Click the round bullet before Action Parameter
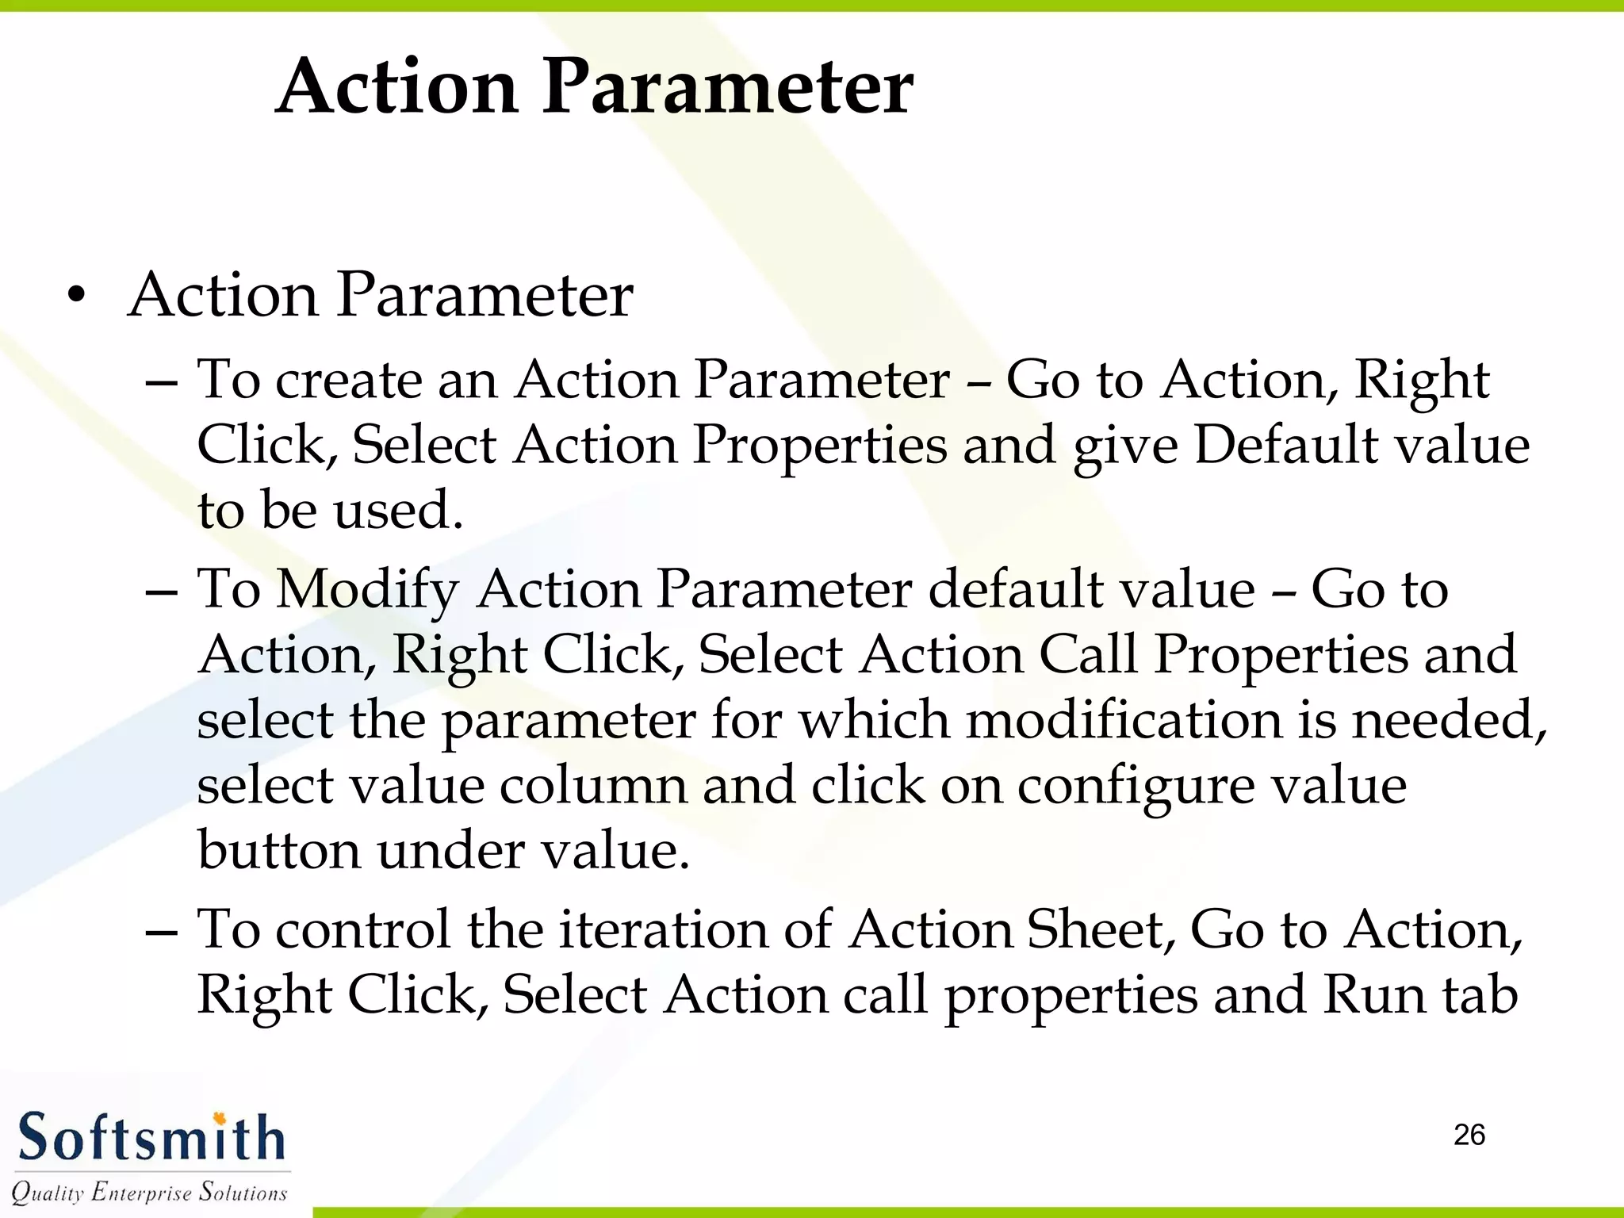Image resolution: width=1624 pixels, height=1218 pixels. click(76, 297)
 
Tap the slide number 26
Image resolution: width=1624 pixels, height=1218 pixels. click(1469, 1135)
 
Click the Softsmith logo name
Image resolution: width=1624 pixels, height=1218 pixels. click(151, 1138)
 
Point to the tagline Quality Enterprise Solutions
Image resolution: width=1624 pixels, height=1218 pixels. click(149, 1192)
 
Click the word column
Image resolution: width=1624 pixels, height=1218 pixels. click(593, 786)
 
